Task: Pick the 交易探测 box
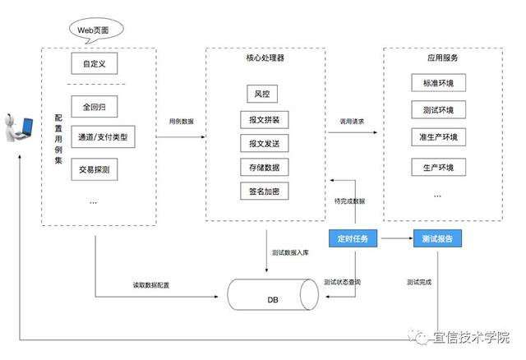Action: pyautogui.click(x=94, y=169)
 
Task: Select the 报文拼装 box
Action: pyautogui.click(x=263, y=120)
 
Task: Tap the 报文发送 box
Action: pyautogui.click(x=263, y=144)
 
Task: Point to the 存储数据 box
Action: pyautogui.click(x=263, y=168)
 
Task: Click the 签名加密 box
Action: pyautogui.click(x=263, y=191)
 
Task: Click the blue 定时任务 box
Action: pyautogui.click(x=353, y=238)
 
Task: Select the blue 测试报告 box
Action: pyautogui.click(x=437, y=238)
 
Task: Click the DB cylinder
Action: pyautogui.click(x=273, y=294)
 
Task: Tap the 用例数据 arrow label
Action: pyautogui.click(x=182, y=121)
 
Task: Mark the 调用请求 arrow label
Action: pyautogui.click(x=352, y=121)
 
